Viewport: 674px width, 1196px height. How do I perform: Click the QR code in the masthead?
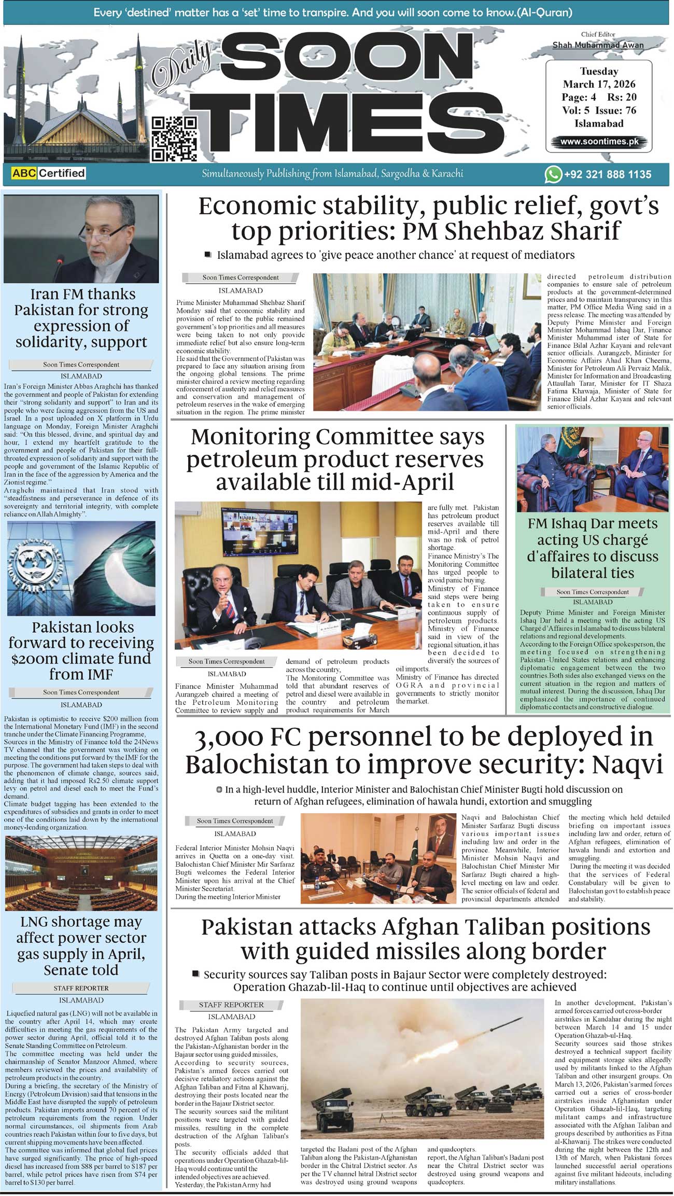(174, 138)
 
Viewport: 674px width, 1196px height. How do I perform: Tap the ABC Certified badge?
(48, 173)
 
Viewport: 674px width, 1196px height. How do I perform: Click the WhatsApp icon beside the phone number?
(553, 174)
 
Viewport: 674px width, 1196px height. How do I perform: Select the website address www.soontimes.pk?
(599, 142)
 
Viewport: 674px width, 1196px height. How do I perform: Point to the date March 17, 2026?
(599, 84)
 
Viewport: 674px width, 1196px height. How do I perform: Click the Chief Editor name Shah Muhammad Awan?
(598, 45)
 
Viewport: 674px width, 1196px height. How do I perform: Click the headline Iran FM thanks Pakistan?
(81, 318)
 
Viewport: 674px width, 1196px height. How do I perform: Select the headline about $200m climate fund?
(81, 650)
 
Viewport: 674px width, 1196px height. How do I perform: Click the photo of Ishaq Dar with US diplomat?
(593, 468)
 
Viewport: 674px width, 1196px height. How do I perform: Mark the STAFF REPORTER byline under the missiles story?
(231, 1005)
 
